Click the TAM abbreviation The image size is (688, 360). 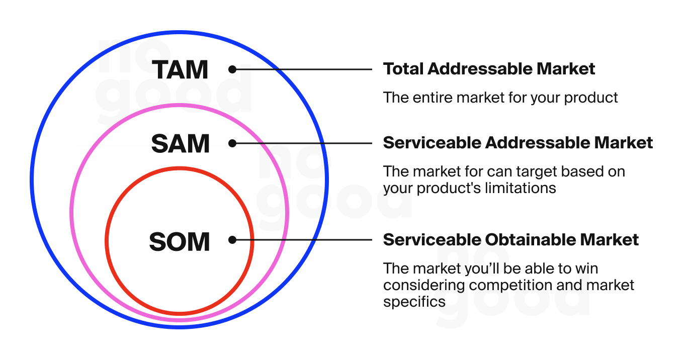pyautogui.click(x=181, y=70)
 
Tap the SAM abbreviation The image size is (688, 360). pyautogui.click(x=181, y=144)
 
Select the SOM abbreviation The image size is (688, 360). pyautogui.click(x=180, y=242)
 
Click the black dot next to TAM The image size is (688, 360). pyautogui.click(x=232, y=69)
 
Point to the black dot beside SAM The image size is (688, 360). pyautogui.click(x=232, y=143)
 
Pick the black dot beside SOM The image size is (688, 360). pyautogui.click(x=232, y=240)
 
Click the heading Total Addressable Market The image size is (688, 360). pyautogui.click(x=489, y=69)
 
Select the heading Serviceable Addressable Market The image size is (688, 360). pyautogui.click(x=518, y=143)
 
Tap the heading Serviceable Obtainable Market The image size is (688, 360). pyautogui.click(x=511, y=240)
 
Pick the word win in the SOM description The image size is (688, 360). pyautogui.click(x=586, y=269)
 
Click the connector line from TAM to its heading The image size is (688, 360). pyautogui.click(x=302, y=69)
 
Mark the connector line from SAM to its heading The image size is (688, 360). pyautogui.click(x=302, y=143)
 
